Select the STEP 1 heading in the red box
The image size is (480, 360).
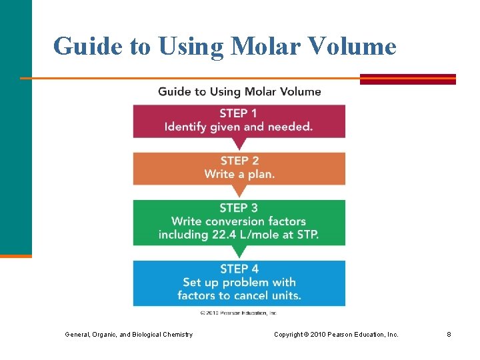point(239,113)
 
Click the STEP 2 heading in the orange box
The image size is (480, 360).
point(239,161)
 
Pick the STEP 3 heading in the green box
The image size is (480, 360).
point(239,208)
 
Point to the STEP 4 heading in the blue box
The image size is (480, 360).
point(239,269)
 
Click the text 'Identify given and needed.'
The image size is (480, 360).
point(239,127)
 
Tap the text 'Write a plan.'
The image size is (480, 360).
point(239,174)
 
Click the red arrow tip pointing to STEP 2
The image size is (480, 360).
point(239,145)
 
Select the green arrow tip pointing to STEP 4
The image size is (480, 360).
point(239,253)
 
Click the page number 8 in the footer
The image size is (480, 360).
point(449,334)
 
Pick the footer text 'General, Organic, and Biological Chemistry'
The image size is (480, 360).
point(129,334)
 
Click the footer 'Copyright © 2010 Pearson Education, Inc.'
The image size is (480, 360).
point(336,334)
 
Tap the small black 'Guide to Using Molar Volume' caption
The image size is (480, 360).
point(239,91)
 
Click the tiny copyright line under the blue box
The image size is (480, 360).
point(238,312)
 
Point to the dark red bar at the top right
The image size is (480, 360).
point(407,79)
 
